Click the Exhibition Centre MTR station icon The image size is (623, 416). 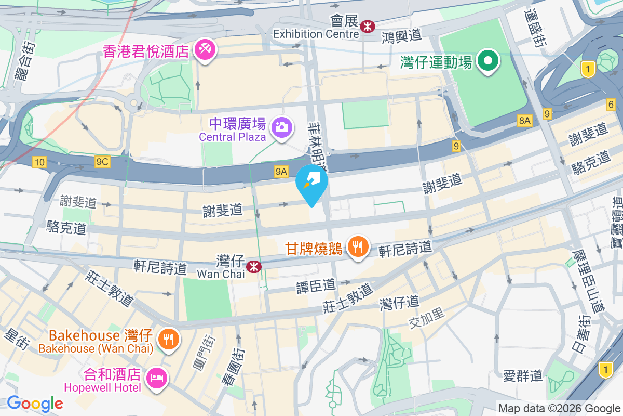point(368,25)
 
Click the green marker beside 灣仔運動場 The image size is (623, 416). point(488,61)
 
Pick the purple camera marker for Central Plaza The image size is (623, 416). point(282,127)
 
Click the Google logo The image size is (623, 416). point(35,404)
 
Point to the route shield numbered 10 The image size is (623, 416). point(39,162)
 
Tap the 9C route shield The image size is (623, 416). point(102,162)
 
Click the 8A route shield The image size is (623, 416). point(525,121)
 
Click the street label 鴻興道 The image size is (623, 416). point(401,37)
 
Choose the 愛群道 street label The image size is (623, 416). point(523,375)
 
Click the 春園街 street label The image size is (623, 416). point(229,367)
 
